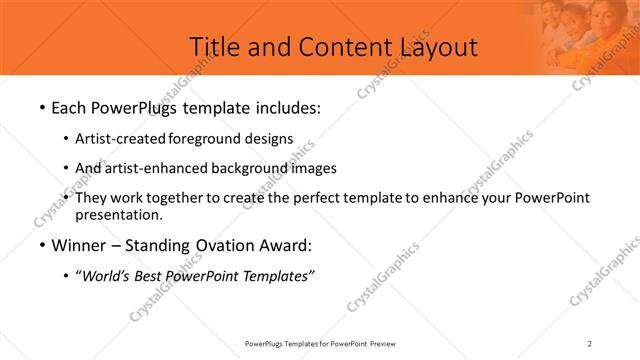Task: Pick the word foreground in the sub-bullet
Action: click(x=200, y=139)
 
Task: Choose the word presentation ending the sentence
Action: click(x=117, y=214)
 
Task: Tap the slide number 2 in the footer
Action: click(x=590, y=344)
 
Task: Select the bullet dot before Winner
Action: click(x=40, y=246)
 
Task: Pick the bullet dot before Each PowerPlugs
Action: click(x=40, y=107)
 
